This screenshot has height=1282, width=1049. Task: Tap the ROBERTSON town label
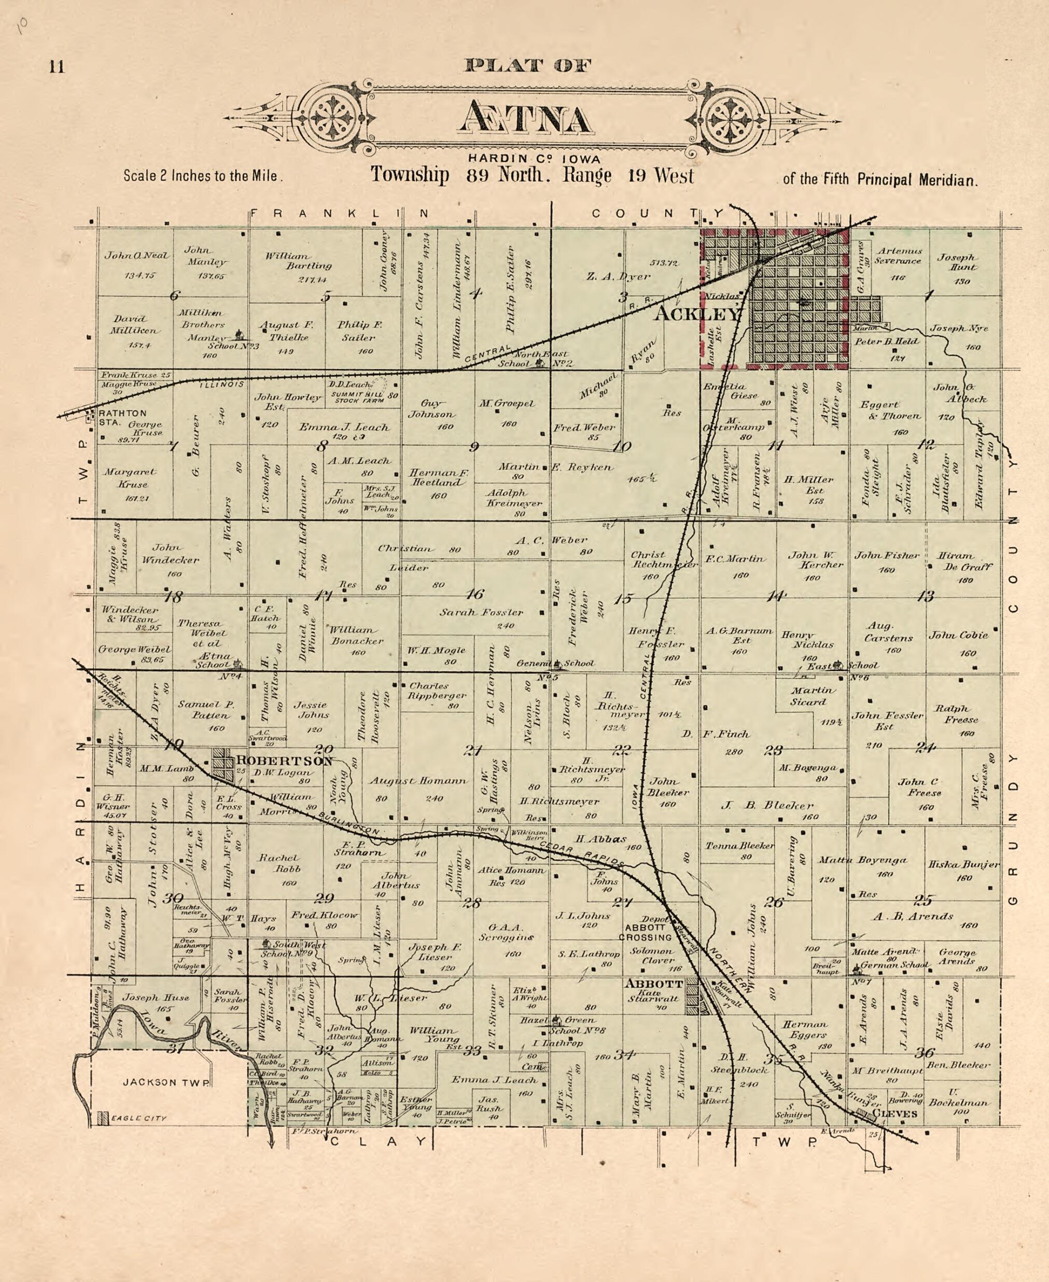coord(284,761)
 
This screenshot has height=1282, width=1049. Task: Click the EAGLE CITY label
coord(138,1118)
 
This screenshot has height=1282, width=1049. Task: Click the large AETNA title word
coord(525,118)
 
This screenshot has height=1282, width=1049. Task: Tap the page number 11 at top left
coord(57,66)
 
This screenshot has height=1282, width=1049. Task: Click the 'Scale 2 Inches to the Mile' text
coord(203,176)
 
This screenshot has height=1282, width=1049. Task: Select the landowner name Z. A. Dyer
coord(618,276)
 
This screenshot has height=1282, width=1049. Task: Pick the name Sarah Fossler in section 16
coord(481,612)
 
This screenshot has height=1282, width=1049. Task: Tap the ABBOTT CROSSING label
coord(646,932)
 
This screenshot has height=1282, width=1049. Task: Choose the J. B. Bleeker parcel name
coord(767,805)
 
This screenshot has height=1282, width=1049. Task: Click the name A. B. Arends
coord(913,916)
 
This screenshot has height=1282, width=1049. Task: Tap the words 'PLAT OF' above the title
coord(527,65)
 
